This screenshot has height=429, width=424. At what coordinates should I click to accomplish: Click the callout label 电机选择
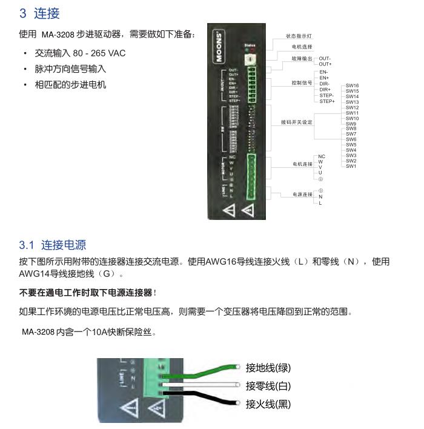(x=302, y=47)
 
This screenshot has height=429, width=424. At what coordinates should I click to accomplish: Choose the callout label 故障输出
(x=302, y=58)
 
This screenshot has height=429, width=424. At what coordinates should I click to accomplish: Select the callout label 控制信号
(x=302, y=82)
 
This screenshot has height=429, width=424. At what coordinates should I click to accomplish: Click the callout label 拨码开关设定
(x=297, y=122)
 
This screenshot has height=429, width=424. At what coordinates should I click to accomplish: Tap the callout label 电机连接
(x=302, y=164)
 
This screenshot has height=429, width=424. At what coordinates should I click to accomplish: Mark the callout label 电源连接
(x=302, y=195)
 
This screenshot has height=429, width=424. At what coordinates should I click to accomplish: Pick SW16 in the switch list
(x=352, y=86)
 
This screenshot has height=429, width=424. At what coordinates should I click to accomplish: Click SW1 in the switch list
(x=351, y=166)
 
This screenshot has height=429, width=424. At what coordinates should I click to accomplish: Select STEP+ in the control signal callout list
(x=327, y=101)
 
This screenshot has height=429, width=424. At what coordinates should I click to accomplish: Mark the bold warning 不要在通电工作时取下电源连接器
(x=87, y=293)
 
